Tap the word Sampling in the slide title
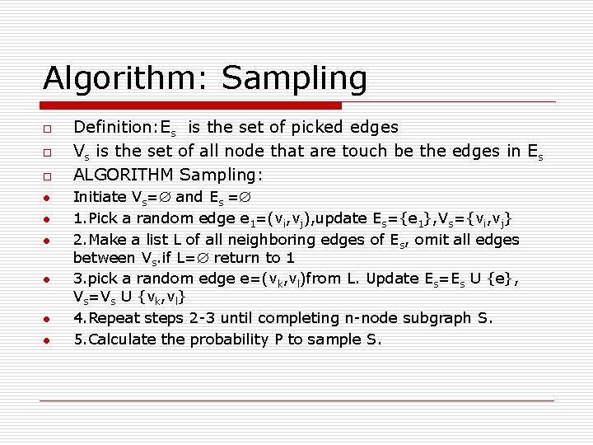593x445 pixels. (294, 78)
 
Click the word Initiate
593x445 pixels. (100, 197)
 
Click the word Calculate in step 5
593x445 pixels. (118, 340)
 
